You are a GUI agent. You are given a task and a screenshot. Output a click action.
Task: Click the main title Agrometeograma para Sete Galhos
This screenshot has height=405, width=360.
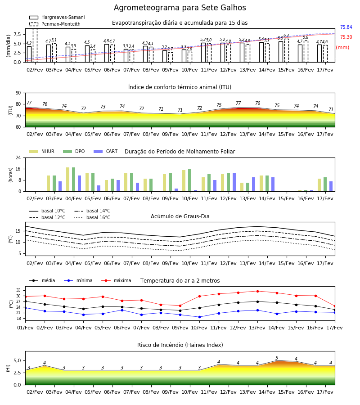(180, 8)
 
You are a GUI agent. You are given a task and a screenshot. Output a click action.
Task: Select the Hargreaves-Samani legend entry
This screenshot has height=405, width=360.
(57, 17)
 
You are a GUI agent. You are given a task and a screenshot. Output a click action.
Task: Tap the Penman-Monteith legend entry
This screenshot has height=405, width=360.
(55, 24)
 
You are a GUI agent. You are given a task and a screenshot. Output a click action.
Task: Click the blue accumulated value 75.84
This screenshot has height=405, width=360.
(346, 27)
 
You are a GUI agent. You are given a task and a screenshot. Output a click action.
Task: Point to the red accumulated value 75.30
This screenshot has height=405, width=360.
(346, 37)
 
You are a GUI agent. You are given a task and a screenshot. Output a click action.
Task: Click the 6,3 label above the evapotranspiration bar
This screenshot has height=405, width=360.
(286, 36)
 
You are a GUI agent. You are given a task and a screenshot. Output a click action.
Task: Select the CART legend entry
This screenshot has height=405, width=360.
(105, 151)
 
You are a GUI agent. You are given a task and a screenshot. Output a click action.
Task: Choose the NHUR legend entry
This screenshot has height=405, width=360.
(42, 151)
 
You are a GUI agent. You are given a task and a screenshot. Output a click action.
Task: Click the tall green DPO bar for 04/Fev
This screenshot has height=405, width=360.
(74, 180)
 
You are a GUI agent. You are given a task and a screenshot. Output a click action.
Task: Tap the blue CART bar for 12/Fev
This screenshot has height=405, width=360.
(234, 182)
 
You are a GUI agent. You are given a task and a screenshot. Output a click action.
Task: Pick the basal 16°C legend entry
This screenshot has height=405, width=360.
(92, 217)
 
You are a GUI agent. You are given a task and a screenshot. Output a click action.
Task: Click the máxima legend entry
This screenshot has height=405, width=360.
(116, 280)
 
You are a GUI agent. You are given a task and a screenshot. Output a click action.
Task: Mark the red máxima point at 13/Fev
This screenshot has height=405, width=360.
(257, 291)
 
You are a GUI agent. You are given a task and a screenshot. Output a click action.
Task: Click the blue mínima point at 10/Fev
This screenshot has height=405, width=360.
(199, 317)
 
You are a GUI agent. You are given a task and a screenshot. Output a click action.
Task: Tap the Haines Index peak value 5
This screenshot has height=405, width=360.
(277, 358)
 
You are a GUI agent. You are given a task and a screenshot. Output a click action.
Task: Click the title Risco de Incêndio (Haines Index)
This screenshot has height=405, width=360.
(180, 345)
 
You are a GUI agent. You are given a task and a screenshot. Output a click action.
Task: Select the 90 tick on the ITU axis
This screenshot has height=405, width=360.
(18, 93)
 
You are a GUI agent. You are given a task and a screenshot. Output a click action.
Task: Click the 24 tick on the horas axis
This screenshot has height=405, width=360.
(18, 157)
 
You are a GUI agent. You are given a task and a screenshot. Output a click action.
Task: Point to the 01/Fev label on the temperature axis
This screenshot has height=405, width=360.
(25, 328)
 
